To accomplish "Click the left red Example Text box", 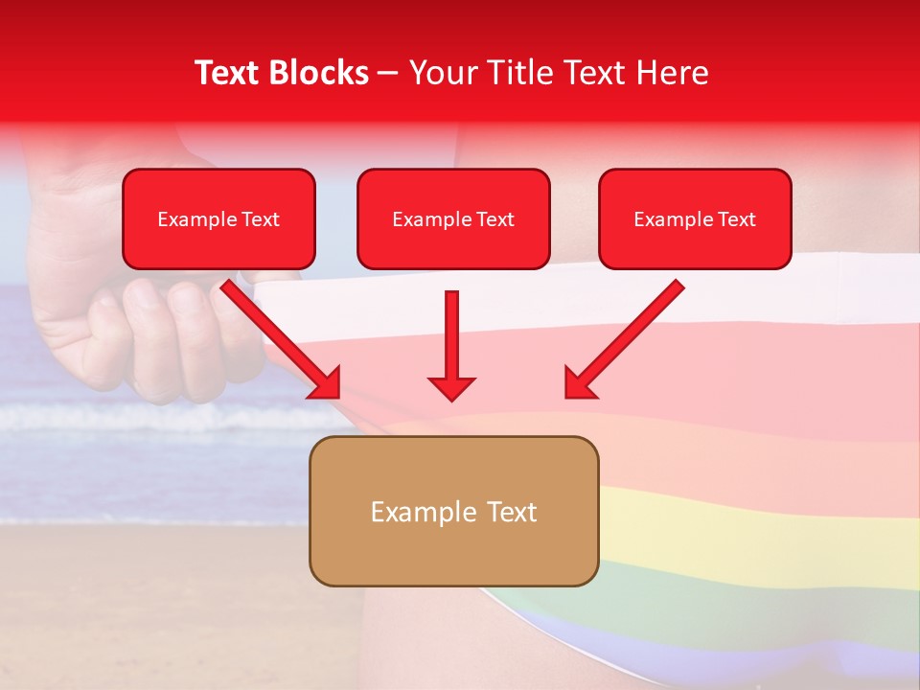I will tap(218, 219).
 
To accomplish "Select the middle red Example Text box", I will tap(453, 219).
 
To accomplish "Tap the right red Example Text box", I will tap(695, 219).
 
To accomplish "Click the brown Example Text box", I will tap(453, 512).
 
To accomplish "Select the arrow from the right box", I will tap(628, 335).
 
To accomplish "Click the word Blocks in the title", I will tap(320, 73).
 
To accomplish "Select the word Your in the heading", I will tap(442, 73).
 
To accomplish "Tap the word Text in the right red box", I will tap(736, 219).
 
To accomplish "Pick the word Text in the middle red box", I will tap(494, 219).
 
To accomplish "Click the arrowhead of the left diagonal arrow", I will tap(326, 383).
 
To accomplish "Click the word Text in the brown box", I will tap(511, 512).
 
